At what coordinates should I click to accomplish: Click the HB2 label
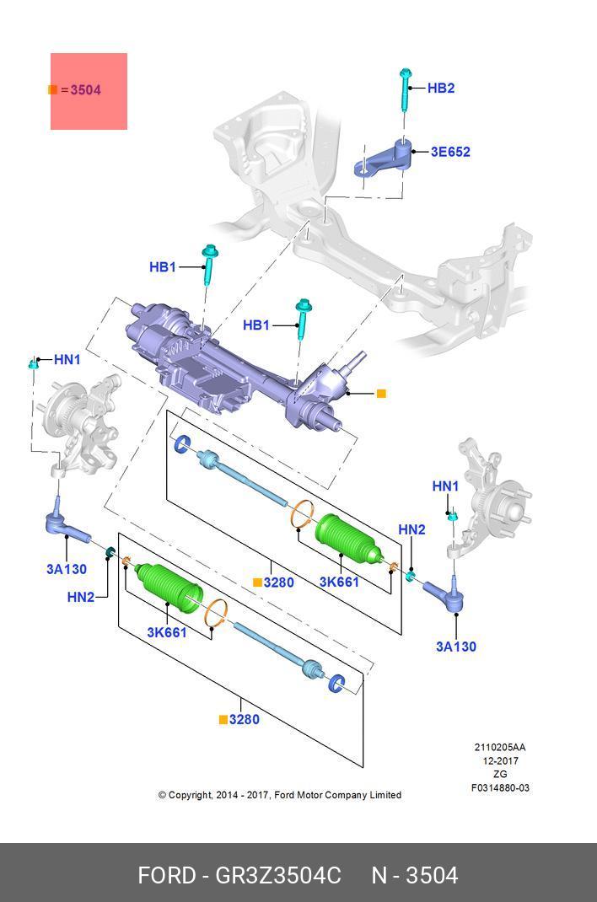coord(441,88)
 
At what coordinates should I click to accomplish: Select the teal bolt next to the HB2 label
coord(406,92)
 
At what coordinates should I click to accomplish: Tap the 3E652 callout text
coord(450,152)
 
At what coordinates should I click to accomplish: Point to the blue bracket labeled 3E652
coord(384,158)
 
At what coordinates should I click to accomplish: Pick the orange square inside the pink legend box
coord(53,89)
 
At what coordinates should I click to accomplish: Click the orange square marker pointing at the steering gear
coord(381,394)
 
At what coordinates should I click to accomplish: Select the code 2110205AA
coord(500,747)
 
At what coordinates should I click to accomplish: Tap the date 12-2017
coord(500,760)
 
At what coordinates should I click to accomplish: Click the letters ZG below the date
coord(500,774)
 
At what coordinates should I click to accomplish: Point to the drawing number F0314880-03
coord(500,788)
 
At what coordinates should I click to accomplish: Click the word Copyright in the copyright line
coord(191,795)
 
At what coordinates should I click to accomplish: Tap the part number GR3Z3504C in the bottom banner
coord(278,876)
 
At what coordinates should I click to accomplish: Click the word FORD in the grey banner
coord(166,876)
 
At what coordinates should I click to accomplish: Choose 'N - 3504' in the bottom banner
coord(415,876)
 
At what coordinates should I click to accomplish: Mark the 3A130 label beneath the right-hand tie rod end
coord(455,647)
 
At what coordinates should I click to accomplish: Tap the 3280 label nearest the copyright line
coord(244,719)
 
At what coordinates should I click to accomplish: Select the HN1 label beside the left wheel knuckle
coord(67,359)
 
